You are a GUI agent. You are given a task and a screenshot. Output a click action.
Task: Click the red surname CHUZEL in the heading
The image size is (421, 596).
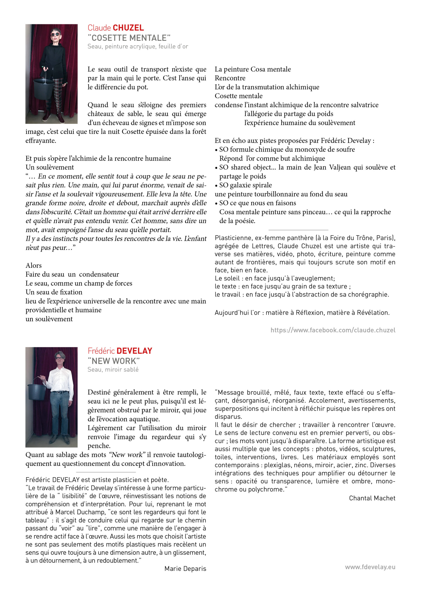[x=128, y=28]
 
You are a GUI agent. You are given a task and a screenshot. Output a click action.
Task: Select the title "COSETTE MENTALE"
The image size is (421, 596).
[x=129, y=38]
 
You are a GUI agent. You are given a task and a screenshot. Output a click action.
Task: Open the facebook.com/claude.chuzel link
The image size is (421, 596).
[x=333, y=330]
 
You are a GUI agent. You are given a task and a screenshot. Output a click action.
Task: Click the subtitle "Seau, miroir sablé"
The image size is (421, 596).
[x=113, y=370]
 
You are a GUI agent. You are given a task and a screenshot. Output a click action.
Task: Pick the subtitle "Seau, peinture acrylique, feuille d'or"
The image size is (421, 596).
[x=138, y=47]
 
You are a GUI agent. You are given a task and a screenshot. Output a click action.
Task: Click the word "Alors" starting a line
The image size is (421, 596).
[x=33, y=266]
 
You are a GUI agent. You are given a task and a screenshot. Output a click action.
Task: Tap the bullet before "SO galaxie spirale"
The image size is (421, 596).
[x=216, y=185]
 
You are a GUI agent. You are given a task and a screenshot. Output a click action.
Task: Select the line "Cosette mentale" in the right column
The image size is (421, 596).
[x=238, y=96]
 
